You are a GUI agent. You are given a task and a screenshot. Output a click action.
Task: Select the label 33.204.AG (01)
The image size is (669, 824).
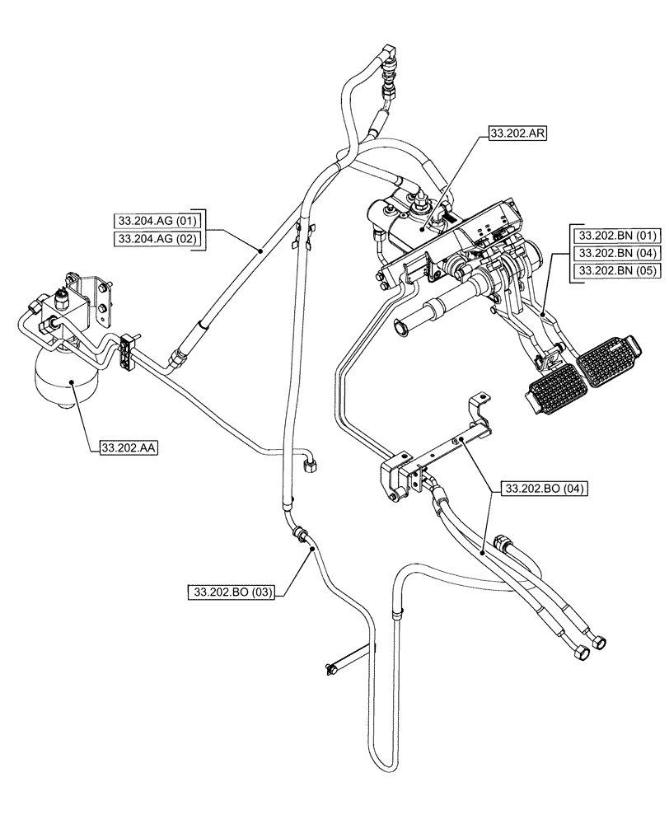click(157, 220)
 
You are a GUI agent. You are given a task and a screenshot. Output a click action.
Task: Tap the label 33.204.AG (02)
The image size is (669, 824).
click(157, 238)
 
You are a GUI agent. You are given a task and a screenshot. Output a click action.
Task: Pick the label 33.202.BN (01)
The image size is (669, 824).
click(618, 235)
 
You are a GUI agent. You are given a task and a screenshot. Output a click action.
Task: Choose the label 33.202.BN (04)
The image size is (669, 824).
click(618, 253)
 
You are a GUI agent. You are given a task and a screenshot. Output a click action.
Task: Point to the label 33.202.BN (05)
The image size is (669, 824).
click(618, 271)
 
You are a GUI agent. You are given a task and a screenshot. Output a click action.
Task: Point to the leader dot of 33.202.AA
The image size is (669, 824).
click(72, 381)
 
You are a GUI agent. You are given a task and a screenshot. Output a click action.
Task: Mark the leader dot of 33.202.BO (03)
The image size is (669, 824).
click(311, 555)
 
